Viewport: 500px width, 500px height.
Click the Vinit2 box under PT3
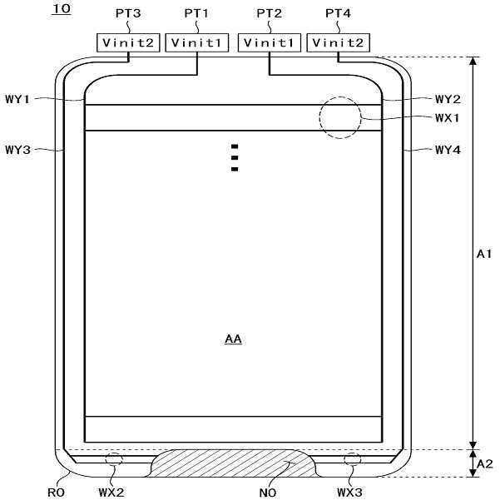(128, 42)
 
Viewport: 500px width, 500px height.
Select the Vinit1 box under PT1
(196, 42)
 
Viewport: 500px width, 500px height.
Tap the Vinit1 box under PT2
(269, 42)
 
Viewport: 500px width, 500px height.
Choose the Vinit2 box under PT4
(338, 42)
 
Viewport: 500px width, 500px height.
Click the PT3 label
(128, 13)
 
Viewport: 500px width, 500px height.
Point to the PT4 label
(338, 13)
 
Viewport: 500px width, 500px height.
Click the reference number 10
(62, 9)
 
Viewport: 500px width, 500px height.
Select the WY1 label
(17, 99)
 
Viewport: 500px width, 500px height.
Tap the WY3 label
(17, 149)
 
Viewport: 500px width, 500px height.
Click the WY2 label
(448, 99)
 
